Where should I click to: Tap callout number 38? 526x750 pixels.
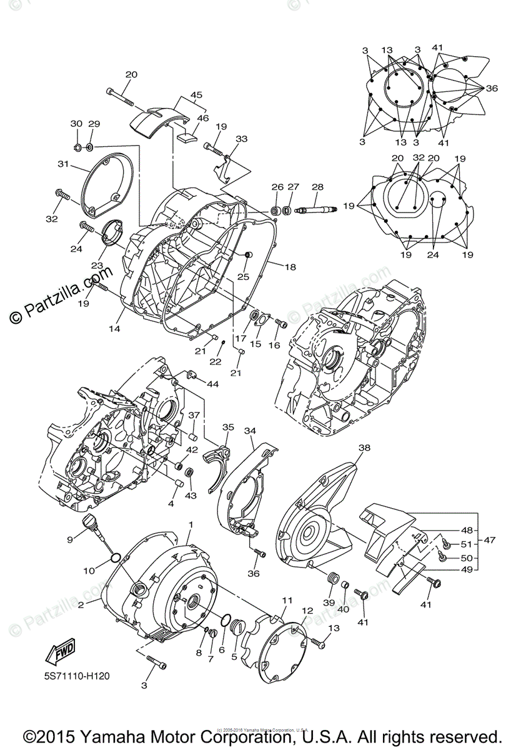tap(364, 447)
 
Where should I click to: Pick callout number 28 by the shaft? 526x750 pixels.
tap(317, 187)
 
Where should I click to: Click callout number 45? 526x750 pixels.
tap(197, 96)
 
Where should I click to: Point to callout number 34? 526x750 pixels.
tap(250, 431)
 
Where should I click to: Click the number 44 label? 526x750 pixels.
tap(213, 384)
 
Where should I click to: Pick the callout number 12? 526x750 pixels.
tap(307, 611)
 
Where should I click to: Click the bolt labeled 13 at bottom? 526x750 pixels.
tap(319, 641)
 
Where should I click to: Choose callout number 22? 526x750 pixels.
tap(215, 361)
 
